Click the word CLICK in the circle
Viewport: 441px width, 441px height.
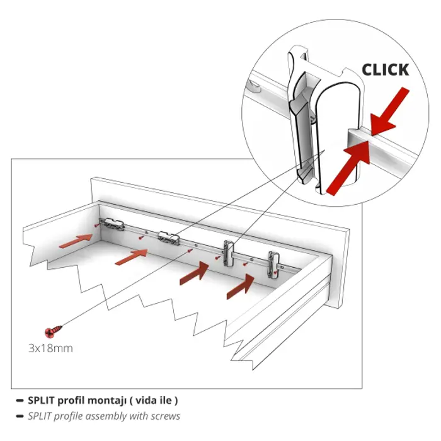[385, 69]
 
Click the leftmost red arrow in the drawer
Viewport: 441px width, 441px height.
[76, 239]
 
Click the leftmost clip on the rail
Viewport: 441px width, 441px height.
[112, 223]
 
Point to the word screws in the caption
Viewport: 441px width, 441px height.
[166, 416]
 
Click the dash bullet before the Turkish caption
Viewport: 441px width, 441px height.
[20, 400]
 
